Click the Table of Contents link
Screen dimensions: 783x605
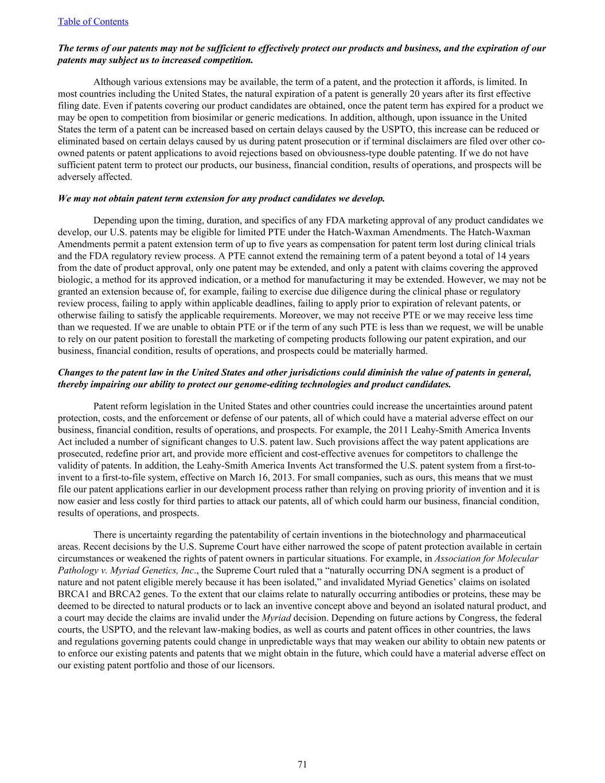93,22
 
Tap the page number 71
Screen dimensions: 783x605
302,764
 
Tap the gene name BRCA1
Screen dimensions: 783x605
73,594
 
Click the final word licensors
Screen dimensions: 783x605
256,665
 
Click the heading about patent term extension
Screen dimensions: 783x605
221,198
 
